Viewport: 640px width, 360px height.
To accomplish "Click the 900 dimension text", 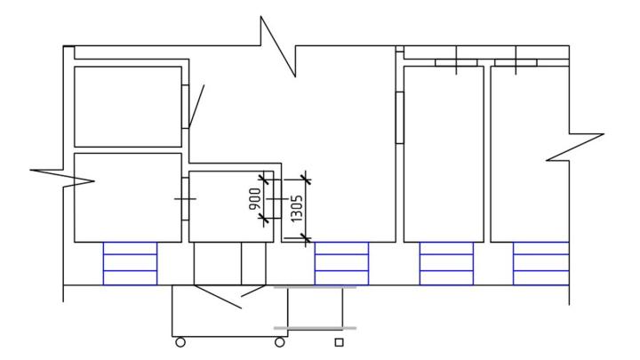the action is pos(254,199).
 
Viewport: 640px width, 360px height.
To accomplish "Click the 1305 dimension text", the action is pos(297,209).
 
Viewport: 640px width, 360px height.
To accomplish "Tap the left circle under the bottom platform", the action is pos(180,342).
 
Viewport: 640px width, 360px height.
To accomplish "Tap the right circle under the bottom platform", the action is pos(280,342).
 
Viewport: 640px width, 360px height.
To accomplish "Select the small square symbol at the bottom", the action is pos(339,342).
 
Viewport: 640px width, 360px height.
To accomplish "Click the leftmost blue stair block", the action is pos(130,263).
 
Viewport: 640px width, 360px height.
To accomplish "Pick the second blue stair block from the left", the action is pos(341,263).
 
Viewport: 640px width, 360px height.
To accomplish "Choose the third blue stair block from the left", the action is pos(446,263).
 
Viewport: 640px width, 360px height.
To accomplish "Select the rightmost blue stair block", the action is pos(541,263).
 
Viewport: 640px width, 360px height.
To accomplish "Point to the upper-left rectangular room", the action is pos(128,107).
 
